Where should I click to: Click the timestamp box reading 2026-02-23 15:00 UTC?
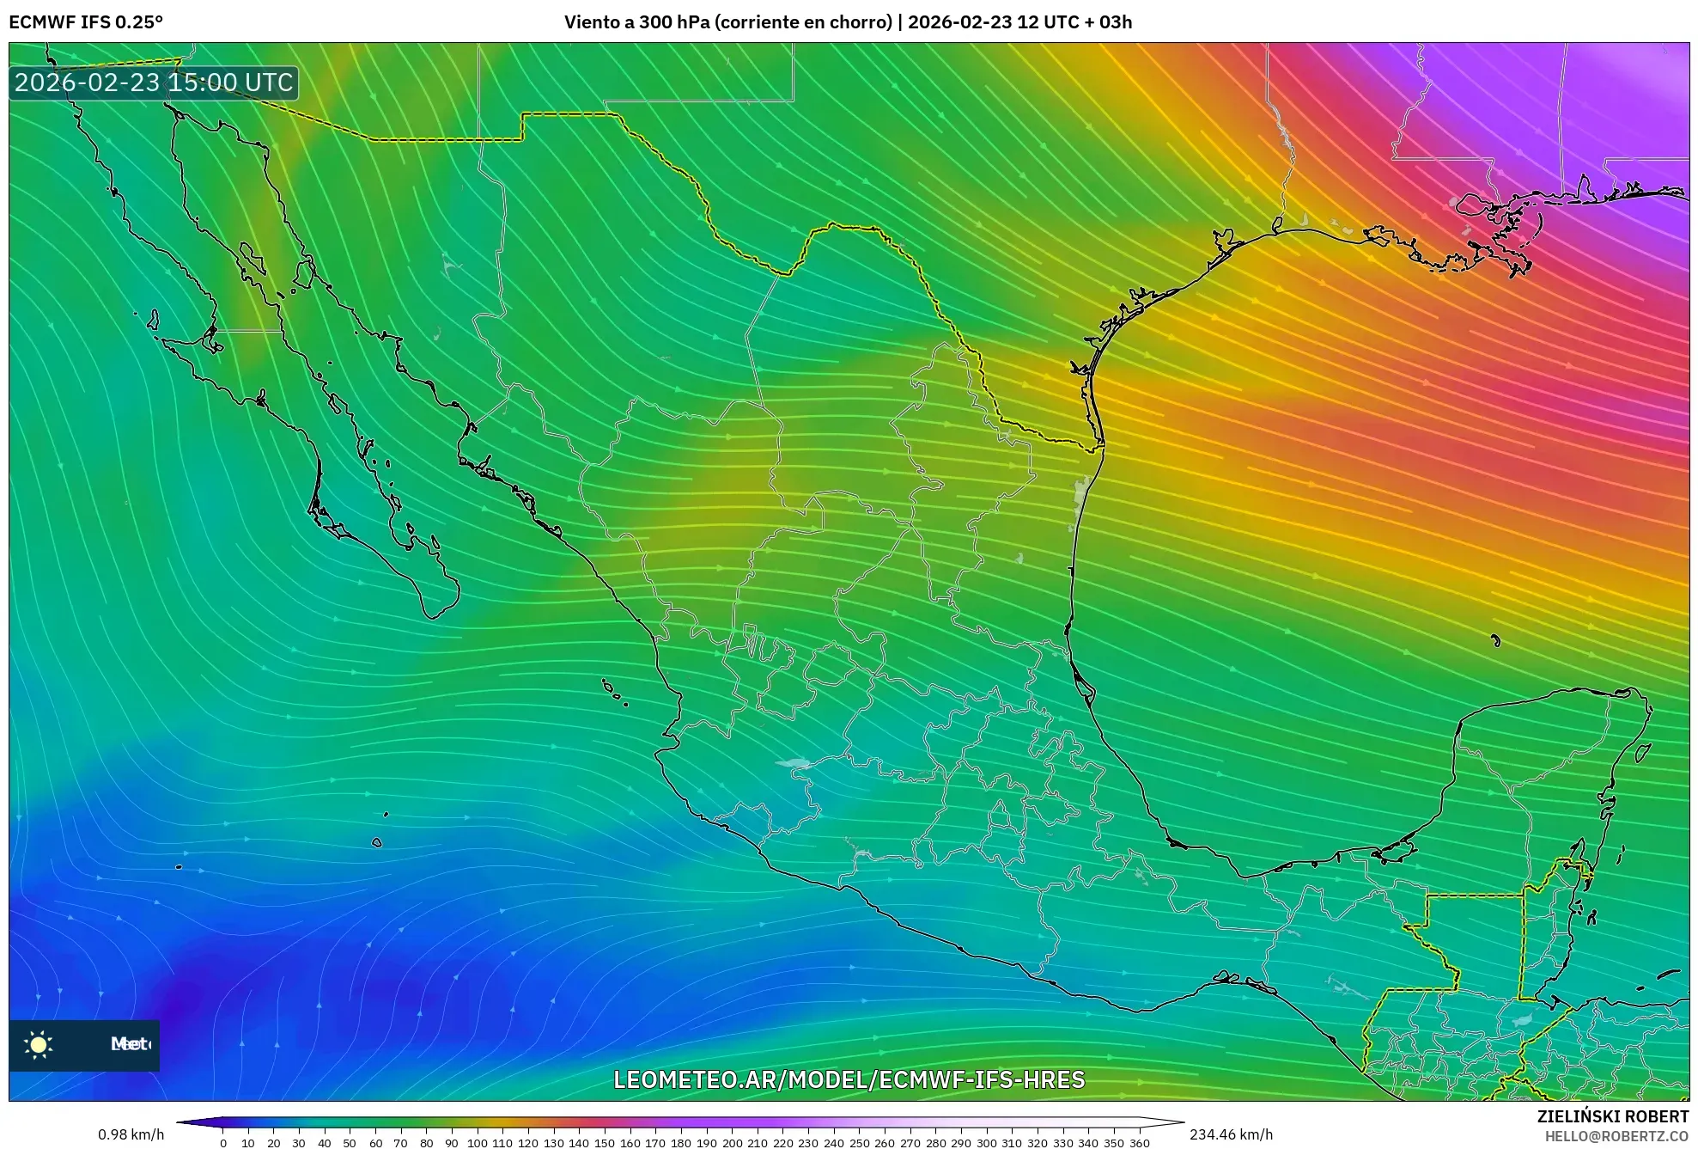pos(154,83)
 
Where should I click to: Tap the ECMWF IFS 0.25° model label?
pos(86,22)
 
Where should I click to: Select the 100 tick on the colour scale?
pos(477,1143)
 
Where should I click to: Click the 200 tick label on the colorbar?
pos(732,1143)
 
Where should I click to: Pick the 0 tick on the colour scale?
pos(223,1143)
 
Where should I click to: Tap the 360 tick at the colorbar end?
pos(1139,1143)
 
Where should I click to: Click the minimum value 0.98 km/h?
pos(131,1134)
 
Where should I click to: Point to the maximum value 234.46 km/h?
pos(1231,1134)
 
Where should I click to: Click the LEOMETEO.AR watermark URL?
pos(849,1079)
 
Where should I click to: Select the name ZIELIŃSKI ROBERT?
pos(1613,1116)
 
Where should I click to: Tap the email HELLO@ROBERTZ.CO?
pos(1616,1136)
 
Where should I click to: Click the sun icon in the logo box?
pos(39,1044)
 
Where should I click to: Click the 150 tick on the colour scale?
pos(605,1143)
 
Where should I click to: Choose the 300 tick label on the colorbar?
pos(986,1143)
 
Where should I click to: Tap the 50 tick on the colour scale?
pos(350,1143)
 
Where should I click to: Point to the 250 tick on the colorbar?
pos(859,1143)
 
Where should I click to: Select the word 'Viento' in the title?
pos(591,22)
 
